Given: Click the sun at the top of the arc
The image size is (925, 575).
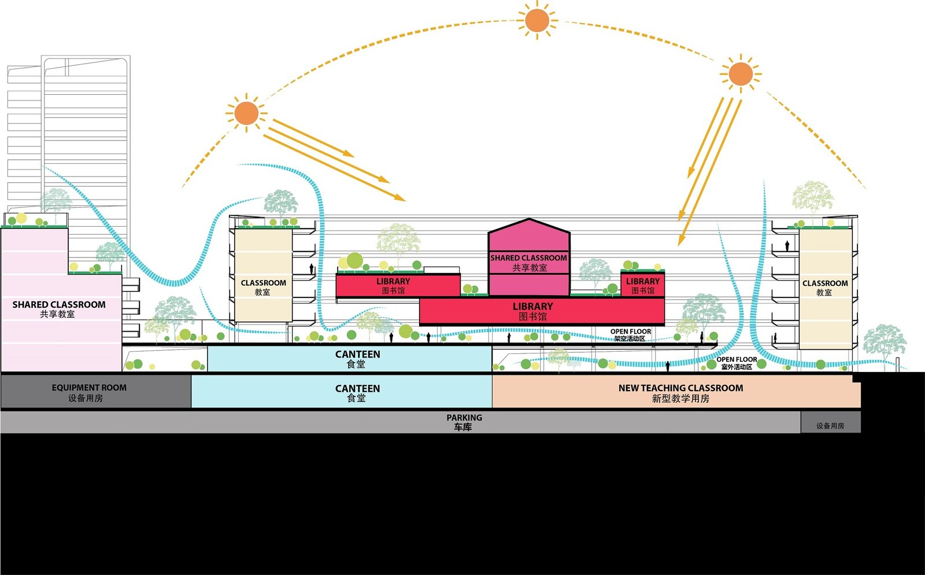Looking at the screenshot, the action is coord(537,20).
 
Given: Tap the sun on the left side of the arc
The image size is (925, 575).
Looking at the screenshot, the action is coord(246,113).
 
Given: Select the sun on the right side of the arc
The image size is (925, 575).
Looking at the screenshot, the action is coord(741,75).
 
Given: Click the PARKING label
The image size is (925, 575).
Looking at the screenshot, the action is coord(464,418).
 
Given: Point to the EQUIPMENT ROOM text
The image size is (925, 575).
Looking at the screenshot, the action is coord(89,388).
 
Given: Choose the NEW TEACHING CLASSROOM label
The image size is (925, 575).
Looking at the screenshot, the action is coord(680,388).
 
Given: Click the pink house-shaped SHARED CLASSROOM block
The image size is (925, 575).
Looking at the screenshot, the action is coord(529,257).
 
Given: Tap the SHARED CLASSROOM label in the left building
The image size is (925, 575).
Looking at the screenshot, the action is coord(58,304).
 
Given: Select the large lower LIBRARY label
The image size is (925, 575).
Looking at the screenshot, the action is coord(532,306).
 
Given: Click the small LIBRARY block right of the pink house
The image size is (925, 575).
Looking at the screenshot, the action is coord(642,284).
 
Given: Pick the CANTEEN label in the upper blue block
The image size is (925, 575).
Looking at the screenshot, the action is coord(358,354).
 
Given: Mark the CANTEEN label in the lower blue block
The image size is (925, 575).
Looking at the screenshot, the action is coord(358,388).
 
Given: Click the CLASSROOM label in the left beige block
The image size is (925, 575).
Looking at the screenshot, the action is coord(264,283).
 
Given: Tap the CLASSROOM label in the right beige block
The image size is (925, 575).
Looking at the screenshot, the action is coord(825,283).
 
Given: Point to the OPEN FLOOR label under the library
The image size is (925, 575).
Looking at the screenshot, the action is coord(631,331).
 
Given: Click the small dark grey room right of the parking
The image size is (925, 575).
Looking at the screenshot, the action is coord(830,422).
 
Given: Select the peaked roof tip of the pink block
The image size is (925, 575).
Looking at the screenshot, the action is coord(529,219).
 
